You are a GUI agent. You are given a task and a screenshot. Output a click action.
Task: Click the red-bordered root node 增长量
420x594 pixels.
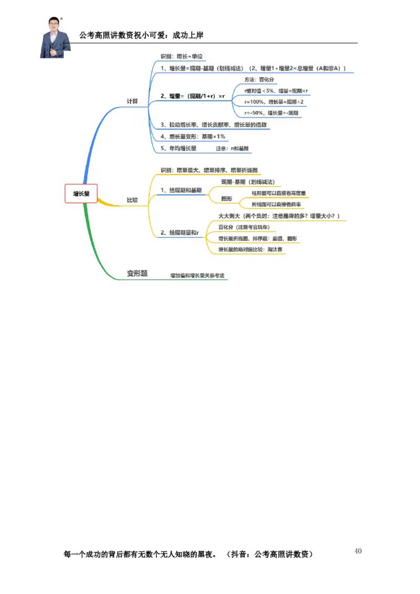click(81, 194)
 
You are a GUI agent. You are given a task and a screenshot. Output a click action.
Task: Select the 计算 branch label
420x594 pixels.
click(132, 101)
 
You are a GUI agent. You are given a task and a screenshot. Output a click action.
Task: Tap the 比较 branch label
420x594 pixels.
click(132, 200)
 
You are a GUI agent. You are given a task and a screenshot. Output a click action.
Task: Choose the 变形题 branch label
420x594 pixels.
click(137, 273)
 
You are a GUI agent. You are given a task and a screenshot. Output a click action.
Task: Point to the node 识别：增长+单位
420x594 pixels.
click(182, 56)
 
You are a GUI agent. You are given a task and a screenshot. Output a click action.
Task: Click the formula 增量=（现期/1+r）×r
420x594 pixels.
click(193, 96)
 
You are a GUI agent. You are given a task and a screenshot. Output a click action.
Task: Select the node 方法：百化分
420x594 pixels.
click(259, 79)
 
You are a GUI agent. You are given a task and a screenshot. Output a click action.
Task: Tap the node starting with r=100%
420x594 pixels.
click(274, 102)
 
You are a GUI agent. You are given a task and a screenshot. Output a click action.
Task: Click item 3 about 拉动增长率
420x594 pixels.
click(214, 125)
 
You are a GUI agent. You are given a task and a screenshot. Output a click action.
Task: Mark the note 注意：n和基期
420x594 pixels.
click(233, 148)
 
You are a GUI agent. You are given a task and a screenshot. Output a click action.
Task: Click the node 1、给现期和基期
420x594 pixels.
click(181, 189)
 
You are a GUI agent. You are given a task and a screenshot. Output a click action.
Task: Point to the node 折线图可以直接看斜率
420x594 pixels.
click(277, 204)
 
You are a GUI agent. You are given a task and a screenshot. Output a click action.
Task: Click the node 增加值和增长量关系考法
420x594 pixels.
click(197, 275)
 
